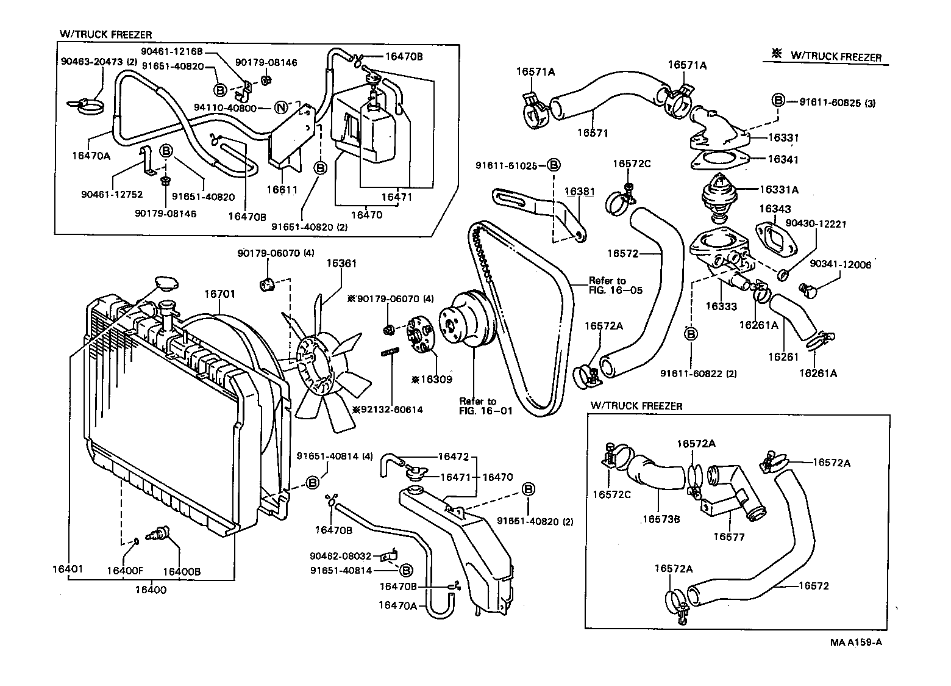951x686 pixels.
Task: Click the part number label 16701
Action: tap(219, 294)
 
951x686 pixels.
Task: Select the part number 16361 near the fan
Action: tap(341, 264)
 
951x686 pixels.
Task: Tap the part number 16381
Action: tap(579, 191)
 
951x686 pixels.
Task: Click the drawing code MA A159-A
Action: tap(856, 642)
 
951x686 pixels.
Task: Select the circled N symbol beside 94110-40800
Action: tap(280, 108)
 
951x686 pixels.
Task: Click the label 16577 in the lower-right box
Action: tap(729, 536)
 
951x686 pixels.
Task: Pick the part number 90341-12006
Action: tap(841, 264)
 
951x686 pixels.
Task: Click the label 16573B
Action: tap(661, 519)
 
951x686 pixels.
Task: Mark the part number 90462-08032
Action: tap(340, 556)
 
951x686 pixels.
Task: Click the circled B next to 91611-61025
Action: tap(553, 165)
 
